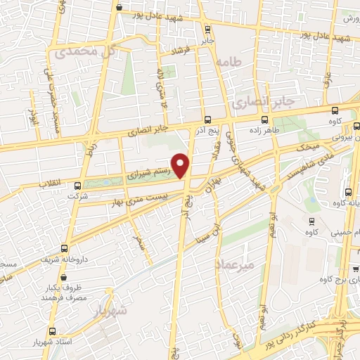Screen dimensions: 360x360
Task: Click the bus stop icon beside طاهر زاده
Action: tap(265, 120)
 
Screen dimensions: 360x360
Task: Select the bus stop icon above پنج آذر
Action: tap(207, 120)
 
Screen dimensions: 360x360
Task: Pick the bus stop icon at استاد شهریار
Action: tap(51, 331)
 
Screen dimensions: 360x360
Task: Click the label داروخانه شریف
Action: tap(58, 259)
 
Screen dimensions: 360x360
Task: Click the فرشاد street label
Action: tap(184, 51)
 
